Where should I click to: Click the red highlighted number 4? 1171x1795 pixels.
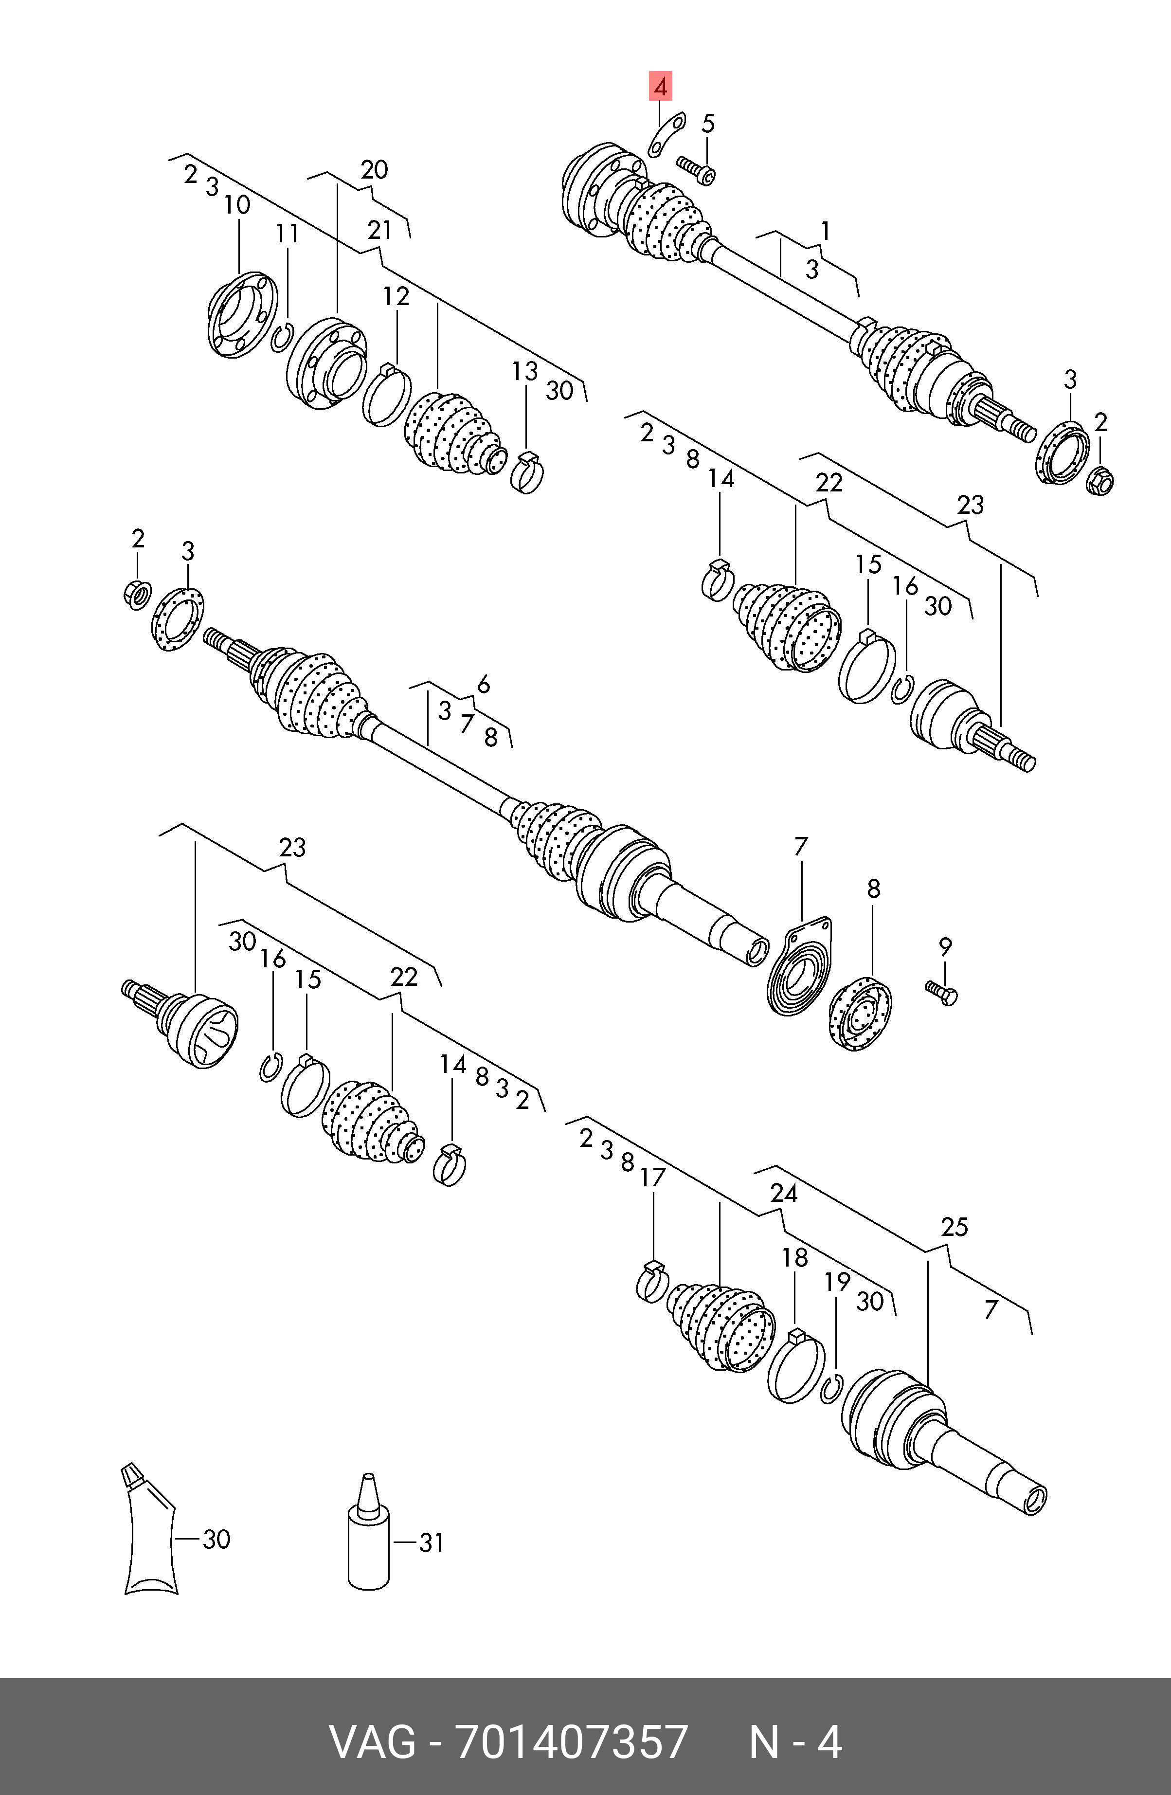(x=661, y=88)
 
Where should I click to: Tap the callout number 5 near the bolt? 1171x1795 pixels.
(x=707, y=124)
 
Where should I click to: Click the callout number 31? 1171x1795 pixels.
(x=431, y=1543)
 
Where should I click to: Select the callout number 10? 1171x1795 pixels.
(x=237, y=205)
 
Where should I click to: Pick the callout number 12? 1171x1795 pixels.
(x=396, y=296)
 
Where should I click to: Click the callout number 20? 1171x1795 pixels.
(x=374, y=170)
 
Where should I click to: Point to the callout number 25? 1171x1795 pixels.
(x=954, y=1228)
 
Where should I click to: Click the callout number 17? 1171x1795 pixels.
(x=653, y=1178)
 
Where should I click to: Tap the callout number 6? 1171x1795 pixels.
(x=483, y=684)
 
